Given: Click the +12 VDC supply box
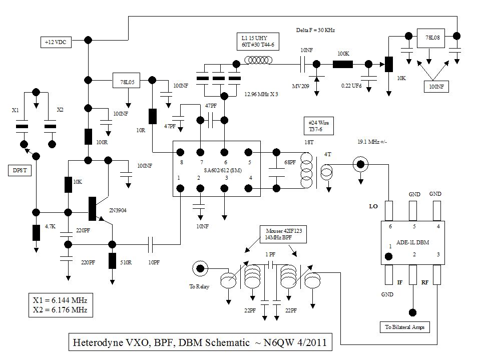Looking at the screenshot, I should (56, 43).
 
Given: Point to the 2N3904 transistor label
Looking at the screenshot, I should (118, 210).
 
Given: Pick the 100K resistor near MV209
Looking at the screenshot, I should (343, 64).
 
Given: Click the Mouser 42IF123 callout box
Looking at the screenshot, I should (281, 233).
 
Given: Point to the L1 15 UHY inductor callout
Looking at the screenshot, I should (258, 42).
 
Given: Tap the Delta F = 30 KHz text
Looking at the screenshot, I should (315, 30).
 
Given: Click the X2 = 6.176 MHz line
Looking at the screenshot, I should (60, 310).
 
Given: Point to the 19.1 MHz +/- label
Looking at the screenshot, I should (372, 142).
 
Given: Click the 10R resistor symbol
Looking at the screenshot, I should (152, 116).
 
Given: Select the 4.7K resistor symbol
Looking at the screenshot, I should (36, 233).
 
